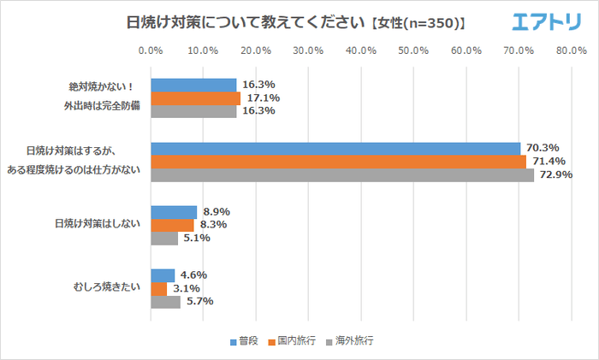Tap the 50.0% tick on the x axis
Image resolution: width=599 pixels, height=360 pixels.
click(413, 50)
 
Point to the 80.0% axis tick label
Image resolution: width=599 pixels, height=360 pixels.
click(571, 50)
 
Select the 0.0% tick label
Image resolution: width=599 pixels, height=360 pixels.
click(151, 50)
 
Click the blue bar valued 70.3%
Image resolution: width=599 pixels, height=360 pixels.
click(335, 149)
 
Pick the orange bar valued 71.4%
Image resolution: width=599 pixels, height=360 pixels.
click(338, 162)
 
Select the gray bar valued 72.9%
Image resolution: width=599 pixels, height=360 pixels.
click(342, 174)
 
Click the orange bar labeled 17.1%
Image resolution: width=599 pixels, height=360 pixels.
click(195, 98)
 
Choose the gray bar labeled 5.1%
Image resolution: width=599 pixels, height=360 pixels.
click(164, 238)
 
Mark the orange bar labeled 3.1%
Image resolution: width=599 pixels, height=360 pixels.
click(159, 288)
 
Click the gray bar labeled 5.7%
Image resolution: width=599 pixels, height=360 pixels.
click(165, 301)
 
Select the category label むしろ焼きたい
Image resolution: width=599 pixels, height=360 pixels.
click(108, 288)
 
